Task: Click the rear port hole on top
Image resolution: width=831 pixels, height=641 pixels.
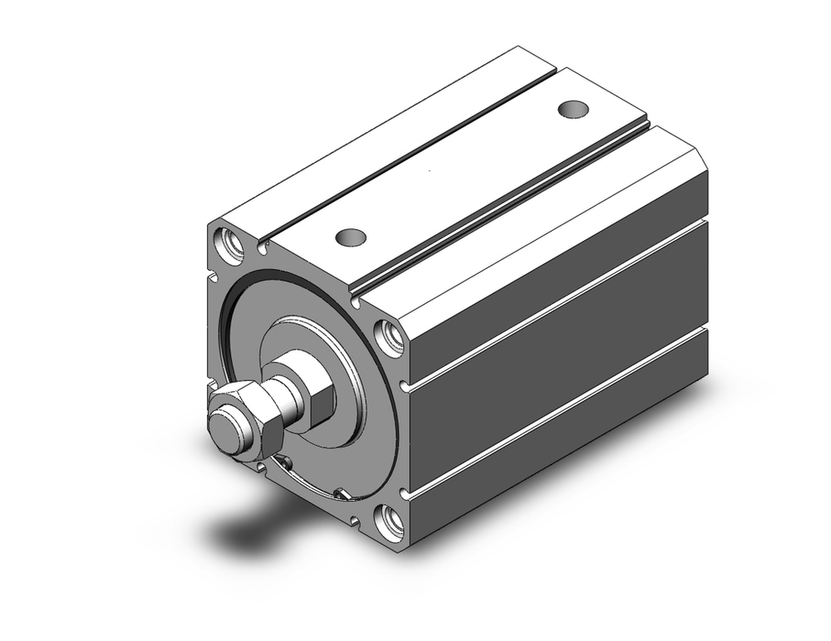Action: click(573, 109)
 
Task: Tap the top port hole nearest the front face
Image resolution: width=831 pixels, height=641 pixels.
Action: click(350, 237)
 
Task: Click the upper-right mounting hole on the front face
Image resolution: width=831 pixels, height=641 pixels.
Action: click(388, 335)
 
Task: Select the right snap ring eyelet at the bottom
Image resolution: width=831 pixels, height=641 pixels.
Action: click(341, 495)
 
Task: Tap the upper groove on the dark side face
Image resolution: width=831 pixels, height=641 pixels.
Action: click(557, 303)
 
